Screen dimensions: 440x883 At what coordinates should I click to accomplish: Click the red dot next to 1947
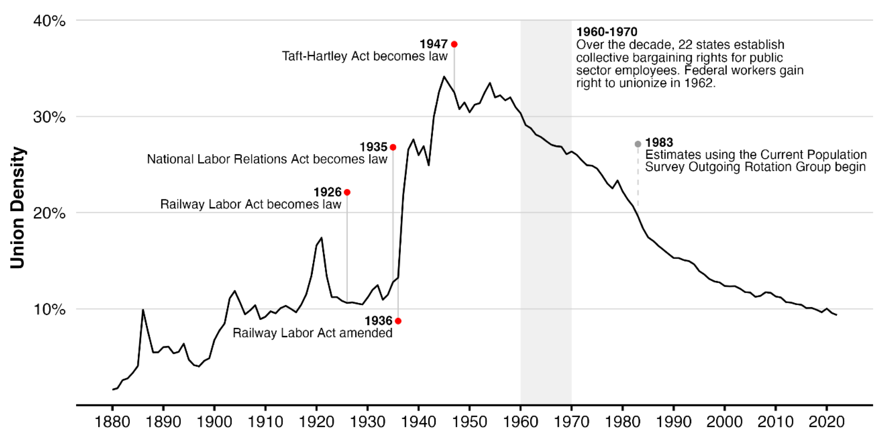(x=454, y=44)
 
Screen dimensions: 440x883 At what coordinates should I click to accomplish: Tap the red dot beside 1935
(x=393, y=147)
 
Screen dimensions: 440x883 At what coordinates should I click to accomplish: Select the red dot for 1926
(x=347, y=192)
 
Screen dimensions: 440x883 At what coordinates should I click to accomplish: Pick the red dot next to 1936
(x=398, y=321)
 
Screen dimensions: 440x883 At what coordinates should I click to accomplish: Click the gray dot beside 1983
(x=638, y=144)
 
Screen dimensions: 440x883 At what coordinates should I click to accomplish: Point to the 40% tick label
(x=49, y=21)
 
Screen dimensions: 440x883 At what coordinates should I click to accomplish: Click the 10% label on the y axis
(x=49, y=309)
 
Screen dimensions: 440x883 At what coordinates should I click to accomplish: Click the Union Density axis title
(x=17, y=208)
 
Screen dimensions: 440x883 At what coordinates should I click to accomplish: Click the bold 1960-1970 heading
(x=607, y=32)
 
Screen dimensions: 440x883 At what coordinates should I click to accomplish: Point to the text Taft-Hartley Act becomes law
(x=365, y=56)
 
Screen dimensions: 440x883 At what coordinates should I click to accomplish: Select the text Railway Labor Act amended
(x=312, y=333)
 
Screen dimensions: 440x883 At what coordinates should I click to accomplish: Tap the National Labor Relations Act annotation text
(x=267, y=159)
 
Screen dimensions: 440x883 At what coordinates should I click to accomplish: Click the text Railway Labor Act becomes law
(x=251, y=204)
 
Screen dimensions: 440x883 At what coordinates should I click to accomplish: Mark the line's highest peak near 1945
(x=444, y=77)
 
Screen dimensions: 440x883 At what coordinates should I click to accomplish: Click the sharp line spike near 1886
(x=143, y=310)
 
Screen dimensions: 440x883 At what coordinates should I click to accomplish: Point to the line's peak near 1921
(x=321, y=238)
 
